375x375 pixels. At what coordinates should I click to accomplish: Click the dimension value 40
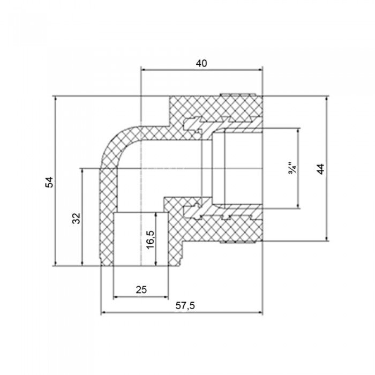201,63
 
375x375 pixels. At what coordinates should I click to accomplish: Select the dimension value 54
49,182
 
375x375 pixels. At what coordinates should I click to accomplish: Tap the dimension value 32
76,218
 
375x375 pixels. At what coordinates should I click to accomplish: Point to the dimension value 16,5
151,239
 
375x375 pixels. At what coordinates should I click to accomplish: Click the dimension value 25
141,290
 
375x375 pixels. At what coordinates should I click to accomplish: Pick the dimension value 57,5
185,305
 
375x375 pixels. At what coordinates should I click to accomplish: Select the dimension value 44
321,169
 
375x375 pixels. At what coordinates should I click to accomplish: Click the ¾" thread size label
292,169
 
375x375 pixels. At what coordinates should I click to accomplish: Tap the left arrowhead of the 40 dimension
144,70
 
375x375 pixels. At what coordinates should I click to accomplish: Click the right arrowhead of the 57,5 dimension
260,312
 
